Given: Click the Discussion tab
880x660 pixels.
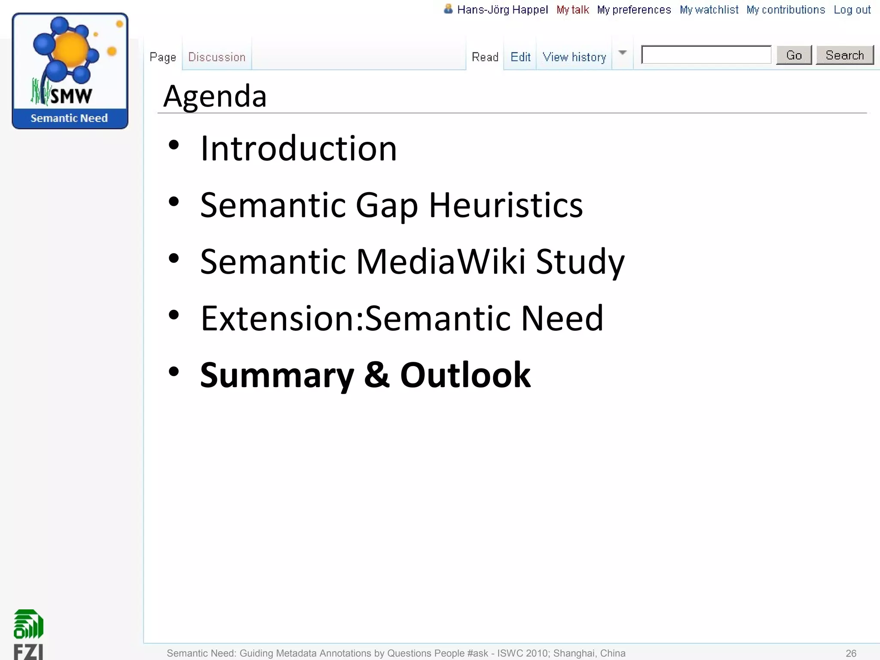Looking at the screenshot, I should point(217,57).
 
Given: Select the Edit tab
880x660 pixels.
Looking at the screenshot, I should point(520,57).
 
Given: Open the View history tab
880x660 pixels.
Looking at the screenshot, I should point(574,57).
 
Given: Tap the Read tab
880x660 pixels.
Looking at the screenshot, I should point(485,57).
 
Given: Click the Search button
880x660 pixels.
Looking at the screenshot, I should point(844,55).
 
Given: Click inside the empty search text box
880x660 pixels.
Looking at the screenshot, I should point(706,55).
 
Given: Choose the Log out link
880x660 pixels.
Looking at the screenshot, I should point(852,10).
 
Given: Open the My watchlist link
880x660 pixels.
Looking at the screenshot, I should point(709,10).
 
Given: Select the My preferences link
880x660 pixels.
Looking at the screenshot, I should point(634,10).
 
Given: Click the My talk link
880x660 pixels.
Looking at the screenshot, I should point(573,10).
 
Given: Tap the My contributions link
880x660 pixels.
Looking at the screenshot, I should point(785,10).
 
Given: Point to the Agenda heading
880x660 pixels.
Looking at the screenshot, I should point(215,96).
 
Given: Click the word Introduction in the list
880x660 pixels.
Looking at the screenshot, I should point(299,148).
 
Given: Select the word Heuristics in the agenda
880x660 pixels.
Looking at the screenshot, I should point(506,205).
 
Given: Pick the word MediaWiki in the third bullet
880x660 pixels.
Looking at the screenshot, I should point(441,262).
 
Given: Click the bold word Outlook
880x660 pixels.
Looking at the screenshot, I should point(465,375).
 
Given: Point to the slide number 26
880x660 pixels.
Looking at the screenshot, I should point(851,653).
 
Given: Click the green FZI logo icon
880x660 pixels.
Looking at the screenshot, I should point(28,624).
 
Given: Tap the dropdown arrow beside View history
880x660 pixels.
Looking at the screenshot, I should point(622,53).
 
